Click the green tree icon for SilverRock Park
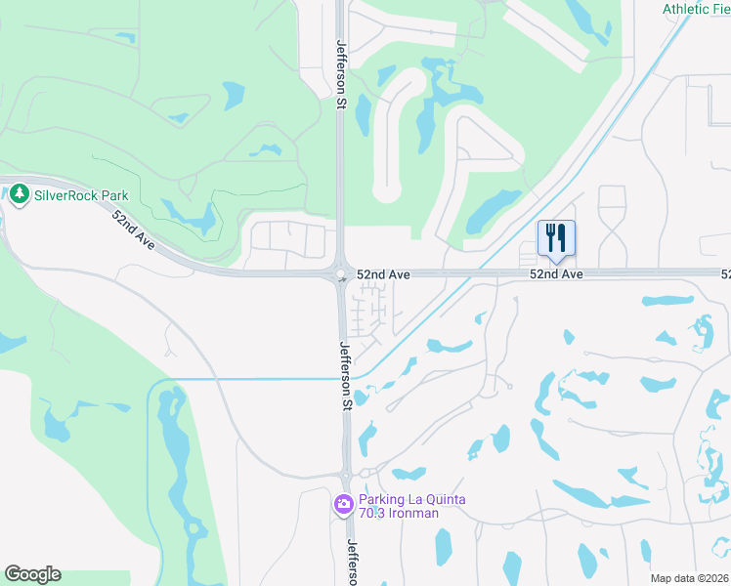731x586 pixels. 20,195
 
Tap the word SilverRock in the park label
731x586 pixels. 66,195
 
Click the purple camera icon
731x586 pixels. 343,505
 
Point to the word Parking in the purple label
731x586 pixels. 385,499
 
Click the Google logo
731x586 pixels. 32,574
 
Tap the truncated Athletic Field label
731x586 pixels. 696,9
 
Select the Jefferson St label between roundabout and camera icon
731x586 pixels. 345,374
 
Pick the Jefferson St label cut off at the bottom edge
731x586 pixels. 353,564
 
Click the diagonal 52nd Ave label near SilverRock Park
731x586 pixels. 133,230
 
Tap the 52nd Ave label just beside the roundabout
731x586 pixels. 383,275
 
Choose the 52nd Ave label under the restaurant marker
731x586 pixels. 556,275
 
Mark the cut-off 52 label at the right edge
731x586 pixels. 725,275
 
